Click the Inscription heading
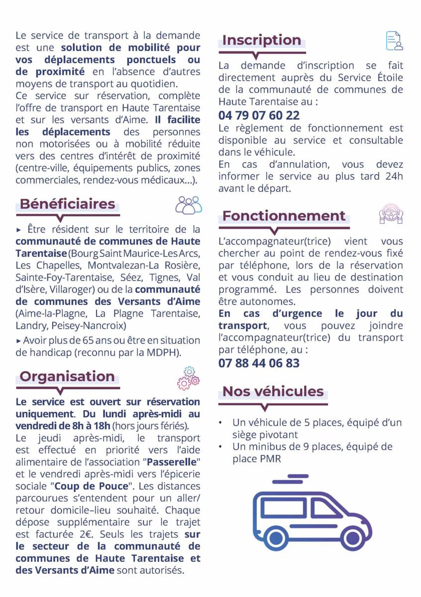click(261, 40)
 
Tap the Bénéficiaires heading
click(67, 204)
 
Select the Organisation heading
click(67, 376)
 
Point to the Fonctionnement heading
click(284, 216)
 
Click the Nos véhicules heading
click(273, 391)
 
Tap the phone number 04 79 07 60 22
click(259, 115)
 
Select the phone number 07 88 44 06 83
click(259, 363)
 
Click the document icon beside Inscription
click(394, 41)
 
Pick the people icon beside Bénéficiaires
click(189, 205)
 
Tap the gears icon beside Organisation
click(188, 378)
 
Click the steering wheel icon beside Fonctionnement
click(391, 214)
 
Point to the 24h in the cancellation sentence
click(393, 177)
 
